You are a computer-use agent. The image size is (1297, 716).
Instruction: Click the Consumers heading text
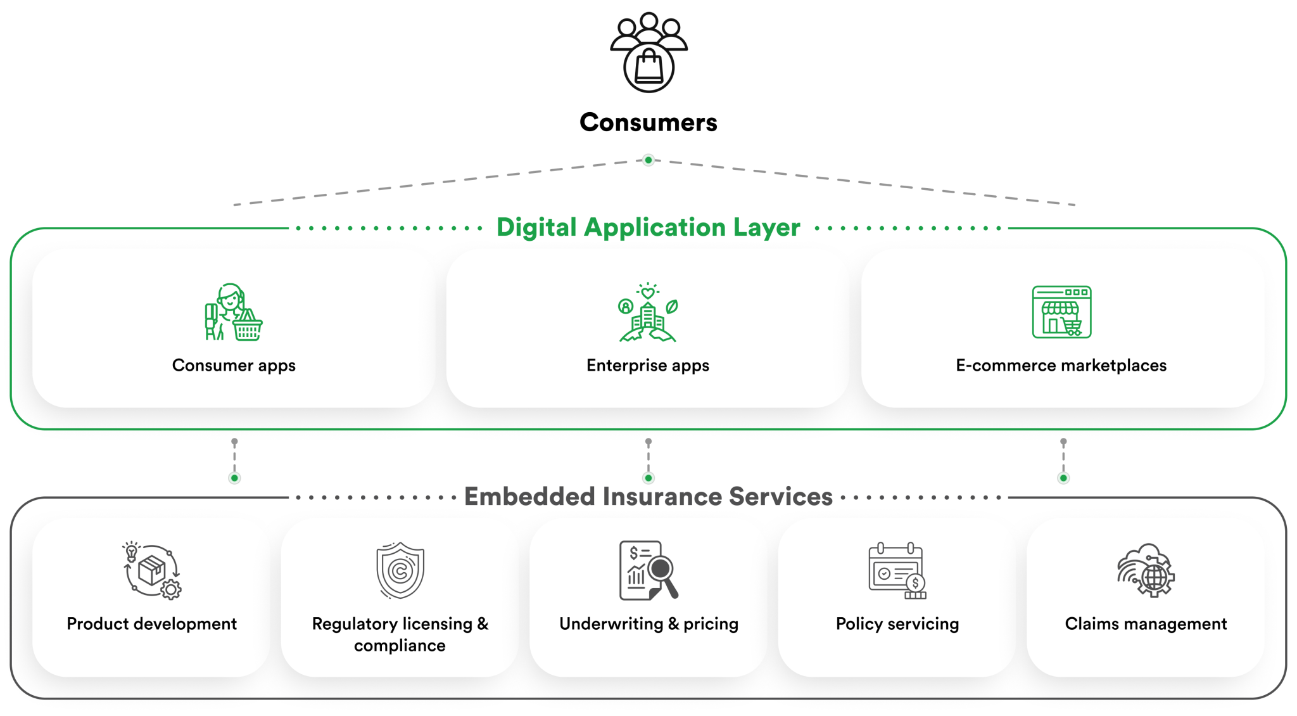648,122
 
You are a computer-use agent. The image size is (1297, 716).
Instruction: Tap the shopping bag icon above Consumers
648,67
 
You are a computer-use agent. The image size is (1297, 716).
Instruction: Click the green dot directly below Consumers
648,160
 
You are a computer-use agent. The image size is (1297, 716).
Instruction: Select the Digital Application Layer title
648,227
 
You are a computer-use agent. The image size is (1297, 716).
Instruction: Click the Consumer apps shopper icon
233,312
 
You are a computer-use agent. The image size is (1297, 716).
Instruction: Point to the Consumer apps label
234,366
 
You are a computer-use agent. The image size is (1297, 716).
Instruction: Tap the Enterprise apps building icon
648,314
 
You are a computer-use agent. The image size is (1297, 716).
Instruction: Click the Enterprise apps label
648,366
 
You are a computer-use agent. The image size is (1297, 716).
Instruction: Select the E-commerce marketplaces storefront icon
1061,312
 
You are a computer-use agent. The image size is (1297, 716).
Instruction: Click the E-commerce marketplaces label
1061,366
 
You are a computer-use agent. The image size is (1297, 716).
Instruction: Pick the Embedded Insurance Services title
648,497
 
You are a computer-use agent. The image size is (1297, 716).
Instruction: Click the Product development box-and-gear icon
152,571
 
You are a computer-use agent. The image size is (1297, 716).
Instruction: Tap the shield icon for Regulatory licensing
400,571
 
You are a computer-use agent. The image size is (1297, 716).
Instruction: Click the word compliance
400,646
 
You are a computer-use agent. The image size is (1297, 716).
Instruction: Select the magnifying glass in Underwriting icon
662,570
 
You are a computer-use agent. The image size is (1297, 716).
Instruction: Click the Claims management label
1146,624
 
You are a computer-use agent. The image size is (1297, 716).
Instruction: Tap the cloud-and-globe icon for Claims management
1146,570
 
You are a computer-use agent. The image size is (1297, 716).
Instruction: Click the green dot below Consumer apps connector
234,478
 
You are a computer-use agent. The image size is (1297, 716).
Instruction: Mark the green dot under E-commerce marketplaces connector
1063,478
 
